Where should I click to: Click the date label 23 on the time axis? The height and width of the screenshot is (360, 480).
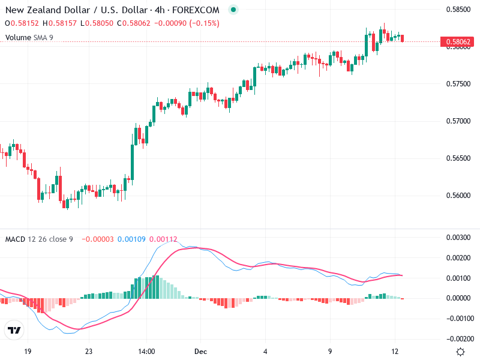click(88, 352)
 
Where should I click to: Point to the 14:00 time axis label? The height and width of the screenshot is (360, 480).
click(146, 352)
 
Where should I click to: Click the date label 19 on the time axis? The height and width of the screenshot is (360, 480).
click(27, 352)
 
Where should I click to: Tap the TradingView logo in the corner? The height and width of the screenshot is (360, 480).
click(14, 331)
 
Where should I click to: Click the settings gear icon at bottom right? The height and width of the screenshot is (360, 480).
click(460, 352)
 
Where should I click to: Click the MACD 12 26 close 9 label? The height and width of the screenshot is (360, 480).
click(39, 239)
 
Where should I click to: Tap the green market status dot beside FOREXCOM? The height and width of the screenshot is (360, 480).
click(233, 10)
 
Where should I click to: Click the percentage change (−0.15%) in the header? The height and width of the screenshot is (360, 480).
click(205, 23)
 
